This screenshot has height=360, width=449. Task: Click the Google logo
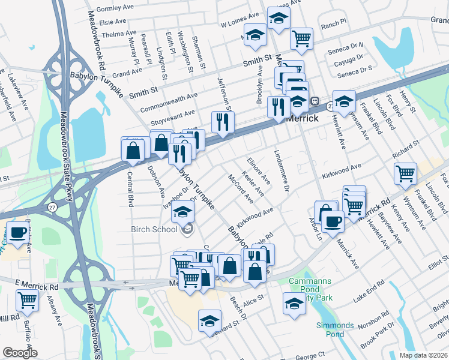tap(20, 353)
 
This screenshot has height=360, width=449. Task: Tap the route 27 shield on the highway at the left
tap(52, 206)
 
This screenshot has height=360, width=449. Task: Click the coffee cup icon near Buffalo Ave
tap(17, 233)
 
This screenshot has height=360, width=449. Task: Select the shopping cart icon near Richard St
tap(406, 174)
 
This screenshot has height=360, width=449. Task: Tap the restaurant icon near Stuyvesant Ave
tap(222, 122)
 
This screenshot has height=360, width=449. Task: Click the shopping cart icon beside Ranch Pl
tap(301, 39)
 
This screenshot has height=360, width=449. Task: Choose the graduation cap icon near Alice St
tap(294, 305)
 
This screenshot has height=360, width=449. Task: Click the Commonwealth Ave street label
tap(169, 103)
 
